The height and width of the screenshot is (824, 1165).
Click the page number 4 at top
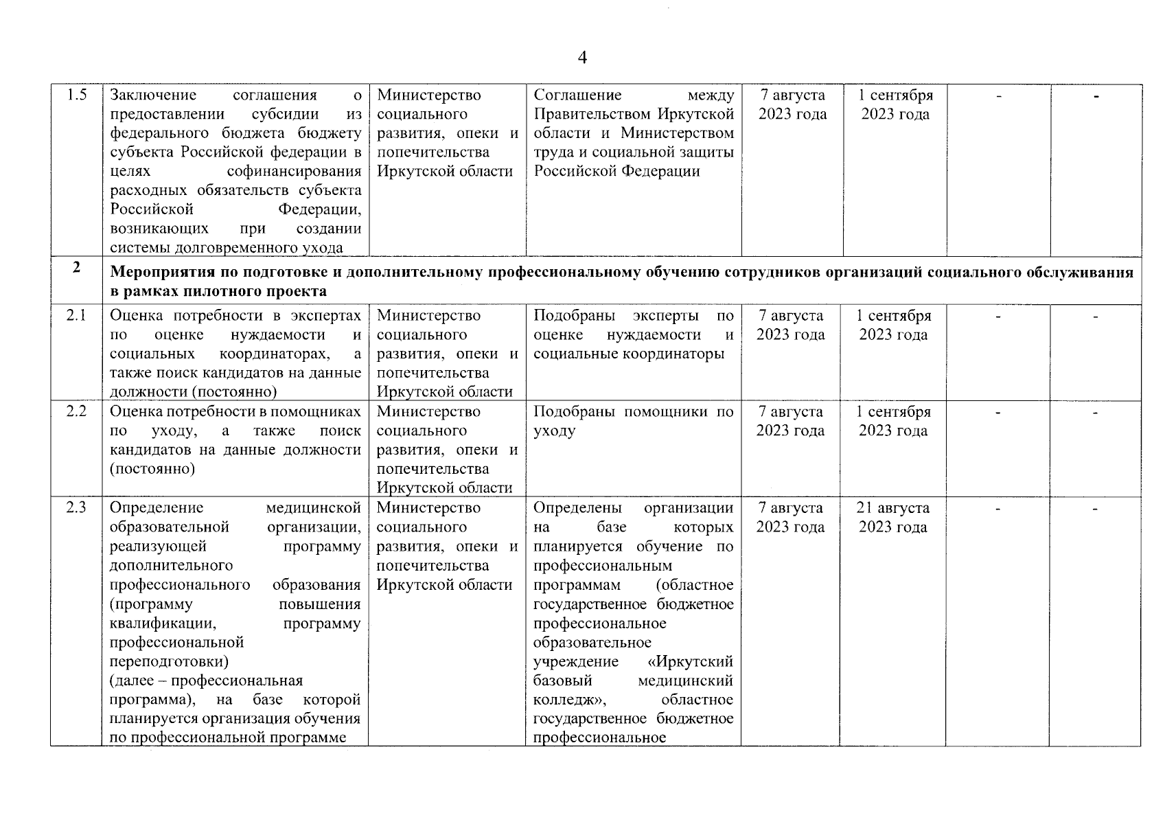pyautogui.click(x=582, y=58)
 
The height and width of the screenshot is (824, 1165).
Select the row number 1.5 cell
pyautogui.click(x=76, y=95)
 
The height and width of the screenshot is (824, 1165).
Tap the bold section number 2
pyautogui.click(x=76, y=268)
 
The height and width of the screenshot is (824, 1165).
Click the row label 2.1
pyautogui.click(x=76, y=316)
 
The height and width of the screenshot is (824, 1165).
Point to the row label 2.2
pyautogui.click(x=76, y=412)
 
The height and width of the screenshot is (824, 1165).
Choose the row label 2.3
pyautogui.click(x=76, y=508)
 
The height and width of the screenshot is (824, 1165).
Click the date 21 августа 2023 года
pyautogui.click(x=892, y=517)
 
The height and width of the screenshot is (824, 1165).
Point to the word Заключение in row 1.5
pyautogui.click(x=153, y=95)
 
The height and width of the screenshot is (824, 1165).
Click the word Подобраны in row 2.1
pyautogui.click(x=567, y=316)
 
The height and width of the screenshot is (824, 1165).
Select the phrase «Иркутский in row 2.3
pyautogui.click(x=690, y=662)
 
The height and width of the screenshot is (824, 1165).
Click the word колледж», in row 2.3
pyautogui.click(x=569, y=700)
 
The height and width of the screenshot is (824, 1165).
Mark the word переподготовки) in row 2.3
pyautogui.click(x=169, y=662)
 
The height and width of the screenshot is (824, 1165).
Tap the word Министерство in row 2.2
pyautogui.click(x=428, y=412)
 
